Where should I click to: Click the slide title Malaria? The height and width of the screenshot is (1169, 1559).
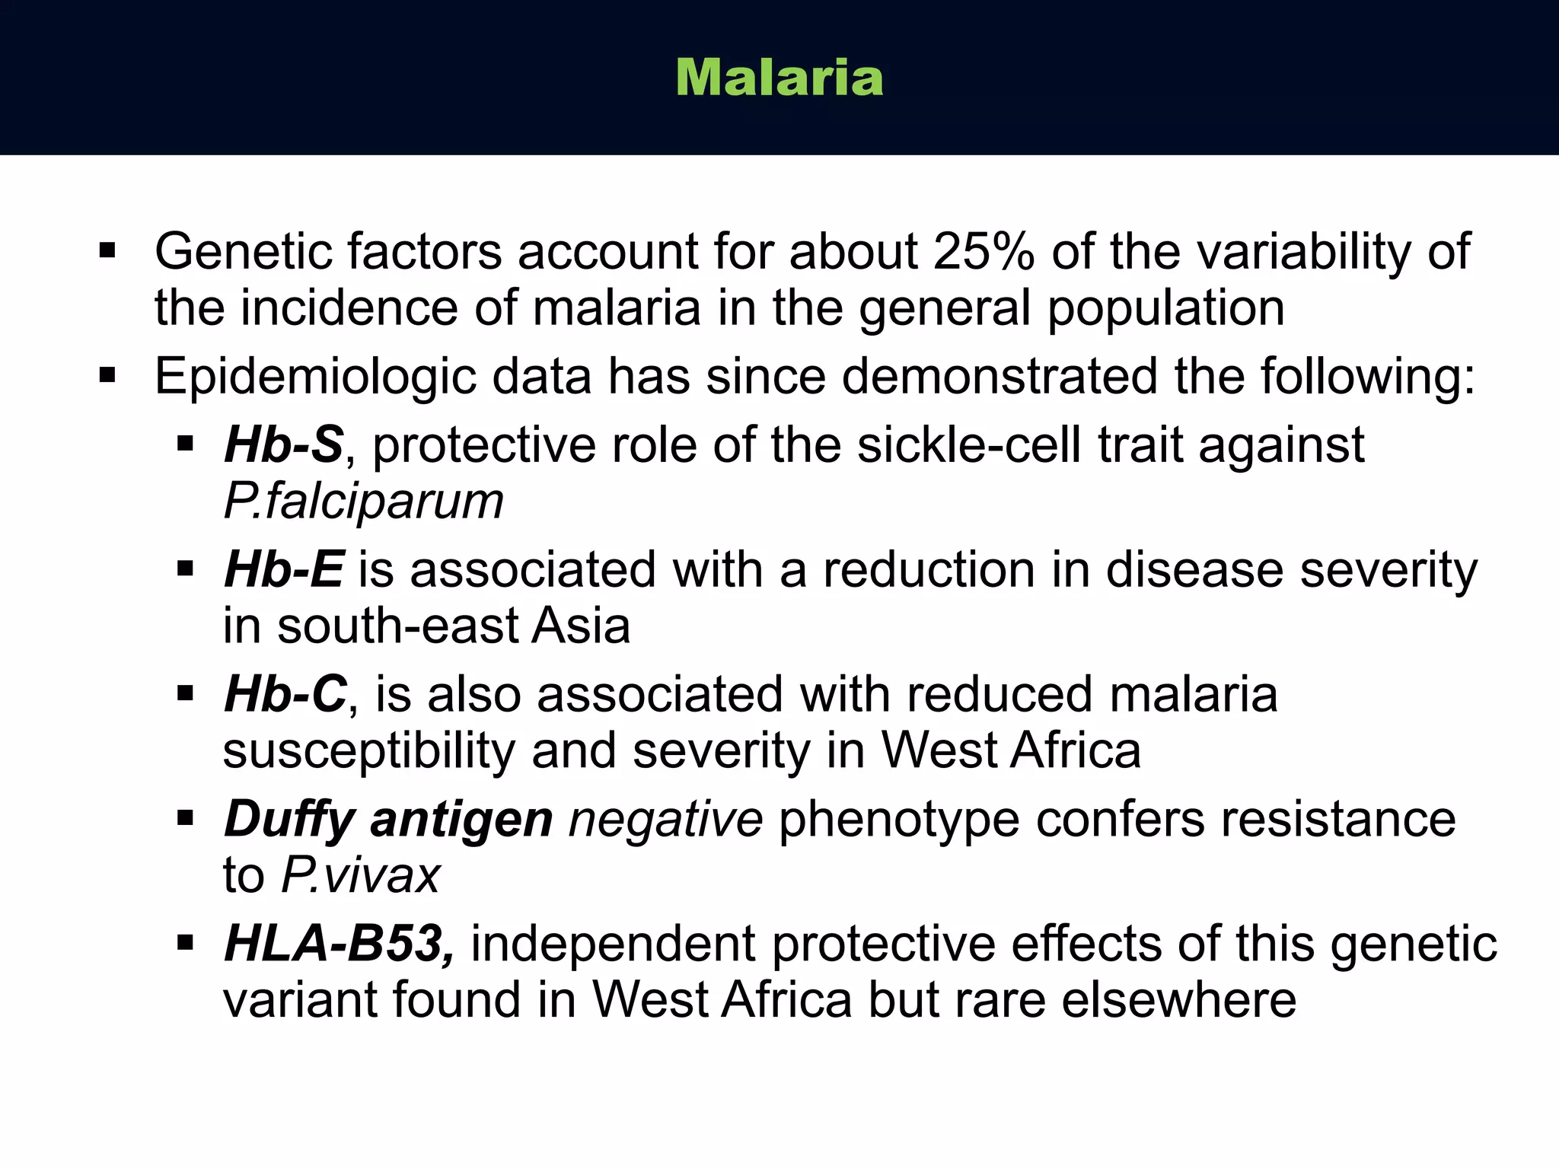click(779, 78)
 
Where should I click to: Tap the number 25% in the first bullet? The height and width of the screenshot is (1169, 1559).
click(984, 251)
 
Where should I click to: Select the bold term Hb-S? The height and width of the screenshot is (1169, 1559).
click(284, 444)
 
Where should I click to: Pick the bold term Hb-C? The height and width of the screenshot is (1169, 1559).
click(285, 694)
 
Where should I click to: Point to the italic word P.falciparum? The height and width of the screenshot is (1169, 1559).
click(364, 502)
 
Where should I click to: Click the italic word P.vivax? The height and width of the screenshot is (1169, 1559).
click(361, 875)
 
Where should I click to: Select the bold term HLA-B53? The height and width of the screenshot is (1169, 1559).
click(340, 944)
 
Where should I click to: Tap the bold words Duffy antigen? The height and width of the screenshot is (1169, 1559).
click(388, 819)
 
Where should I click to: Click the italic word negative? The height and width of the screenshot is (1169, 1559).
click(665, 819)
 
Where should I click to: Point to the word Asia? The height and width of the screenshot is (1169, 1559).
click(581, 626)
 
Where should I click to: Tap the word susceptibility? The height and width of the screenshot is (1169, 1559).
click(369, 752)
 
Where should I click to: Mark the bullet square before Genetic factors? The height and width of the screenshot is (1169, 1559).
click(107, 250)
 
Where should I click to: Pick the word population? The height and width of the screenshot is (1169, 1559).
click(1166, 309)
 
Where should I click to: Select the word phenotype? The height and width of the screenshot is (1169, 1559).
click(898, 819)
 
